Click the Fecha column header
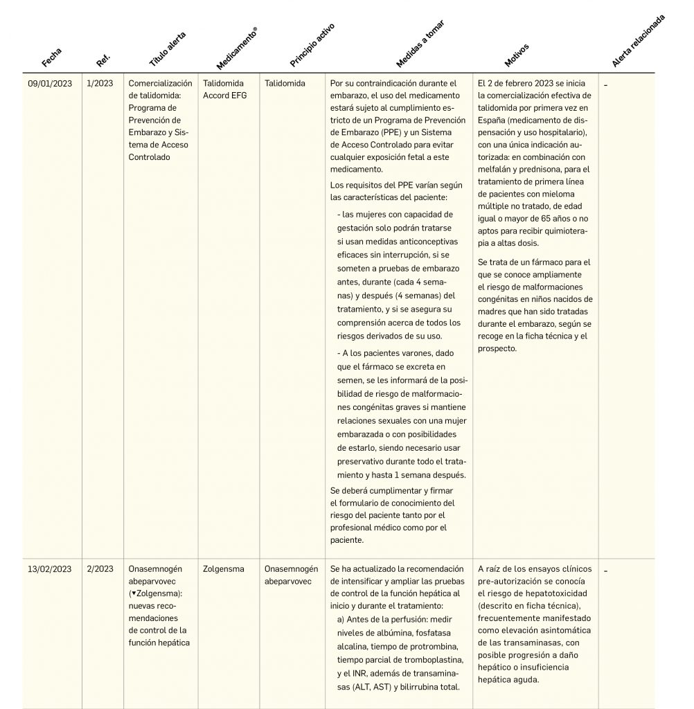(52, 57)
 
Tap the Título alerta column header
(168, 48)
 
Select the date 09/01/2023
(49, 83)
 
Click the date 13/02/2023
(49, 569)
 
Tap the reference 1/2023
(100, 83)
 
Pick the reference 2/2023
(100, 569)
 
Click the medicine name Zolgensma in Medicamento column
(224, 569)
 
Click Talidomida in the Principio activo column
(285, 83)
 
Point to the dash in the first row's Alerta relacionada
(606, 84)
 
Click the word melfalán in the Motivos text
(495, 170)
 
